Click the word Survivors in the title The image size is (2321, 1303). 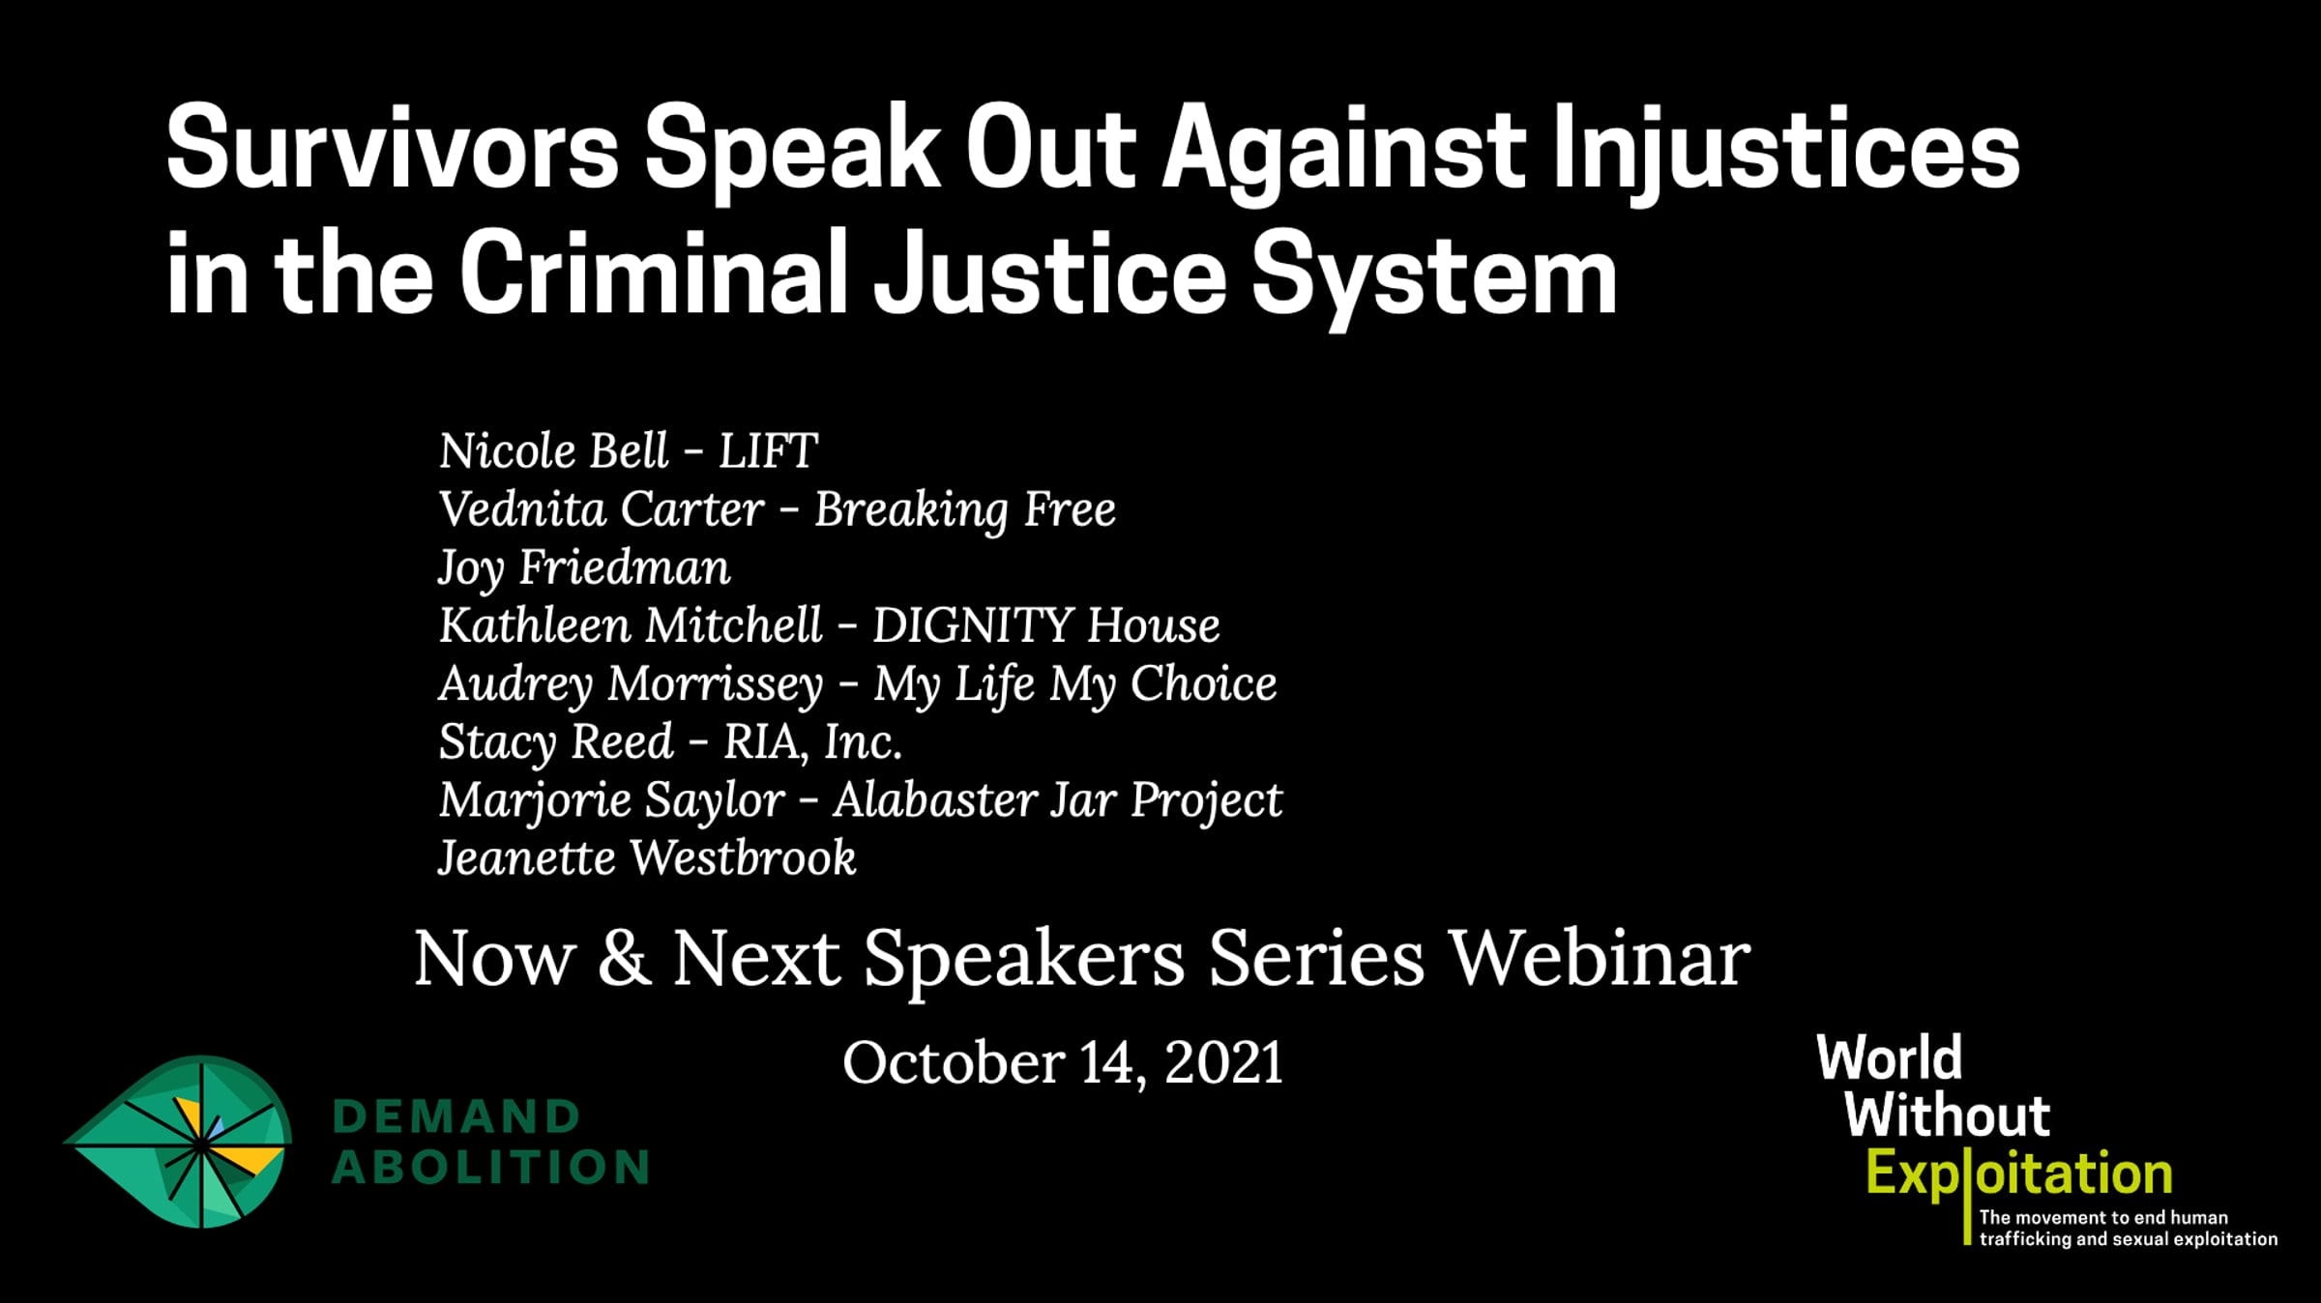393,147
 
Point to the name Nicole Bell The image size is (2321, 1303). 553,450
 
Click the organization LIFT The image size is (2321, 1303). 767,450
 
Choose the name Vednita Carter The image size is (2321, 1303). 601,508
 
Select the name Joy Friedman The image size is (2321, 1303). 584,567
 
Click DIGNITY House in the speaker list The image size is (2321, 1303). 1046,625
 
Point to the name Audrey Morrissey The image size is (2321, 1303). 631,684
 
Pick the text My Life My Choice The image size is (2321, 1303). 1075,684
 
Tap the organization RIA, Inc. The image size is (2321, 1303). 813,741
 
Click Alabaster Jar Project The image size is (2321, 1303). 1058,800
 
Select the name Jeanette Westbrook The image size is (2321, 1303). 647,857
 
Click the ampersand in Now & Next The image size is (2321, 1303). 625,959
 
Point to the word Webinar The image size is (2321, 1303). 1600,957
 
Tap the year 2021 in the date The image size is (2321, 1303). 1223,1062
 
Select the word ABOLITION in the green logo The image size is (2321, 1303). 490,1168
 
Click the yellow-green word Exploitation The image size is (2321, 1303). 2018,1174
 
